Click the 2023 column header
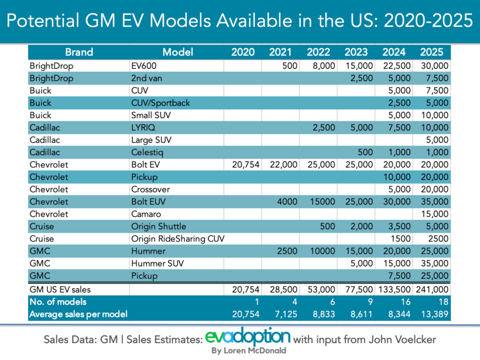pyautogui.click(x=356, y=52)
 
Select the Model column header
pyautogui.click(x=178, y=52)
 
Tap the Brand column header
pyautogui.click(x=79, y=52)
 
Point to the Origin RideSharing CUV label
pyautogui.click(x=178, y=239)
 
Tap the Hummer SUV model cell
pyautogui.click(x=157, y=263)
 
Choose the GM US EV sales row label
pyautogui.click(x=60, y=289)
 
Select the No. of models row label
pyautogui.click(x=58, y=301)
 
